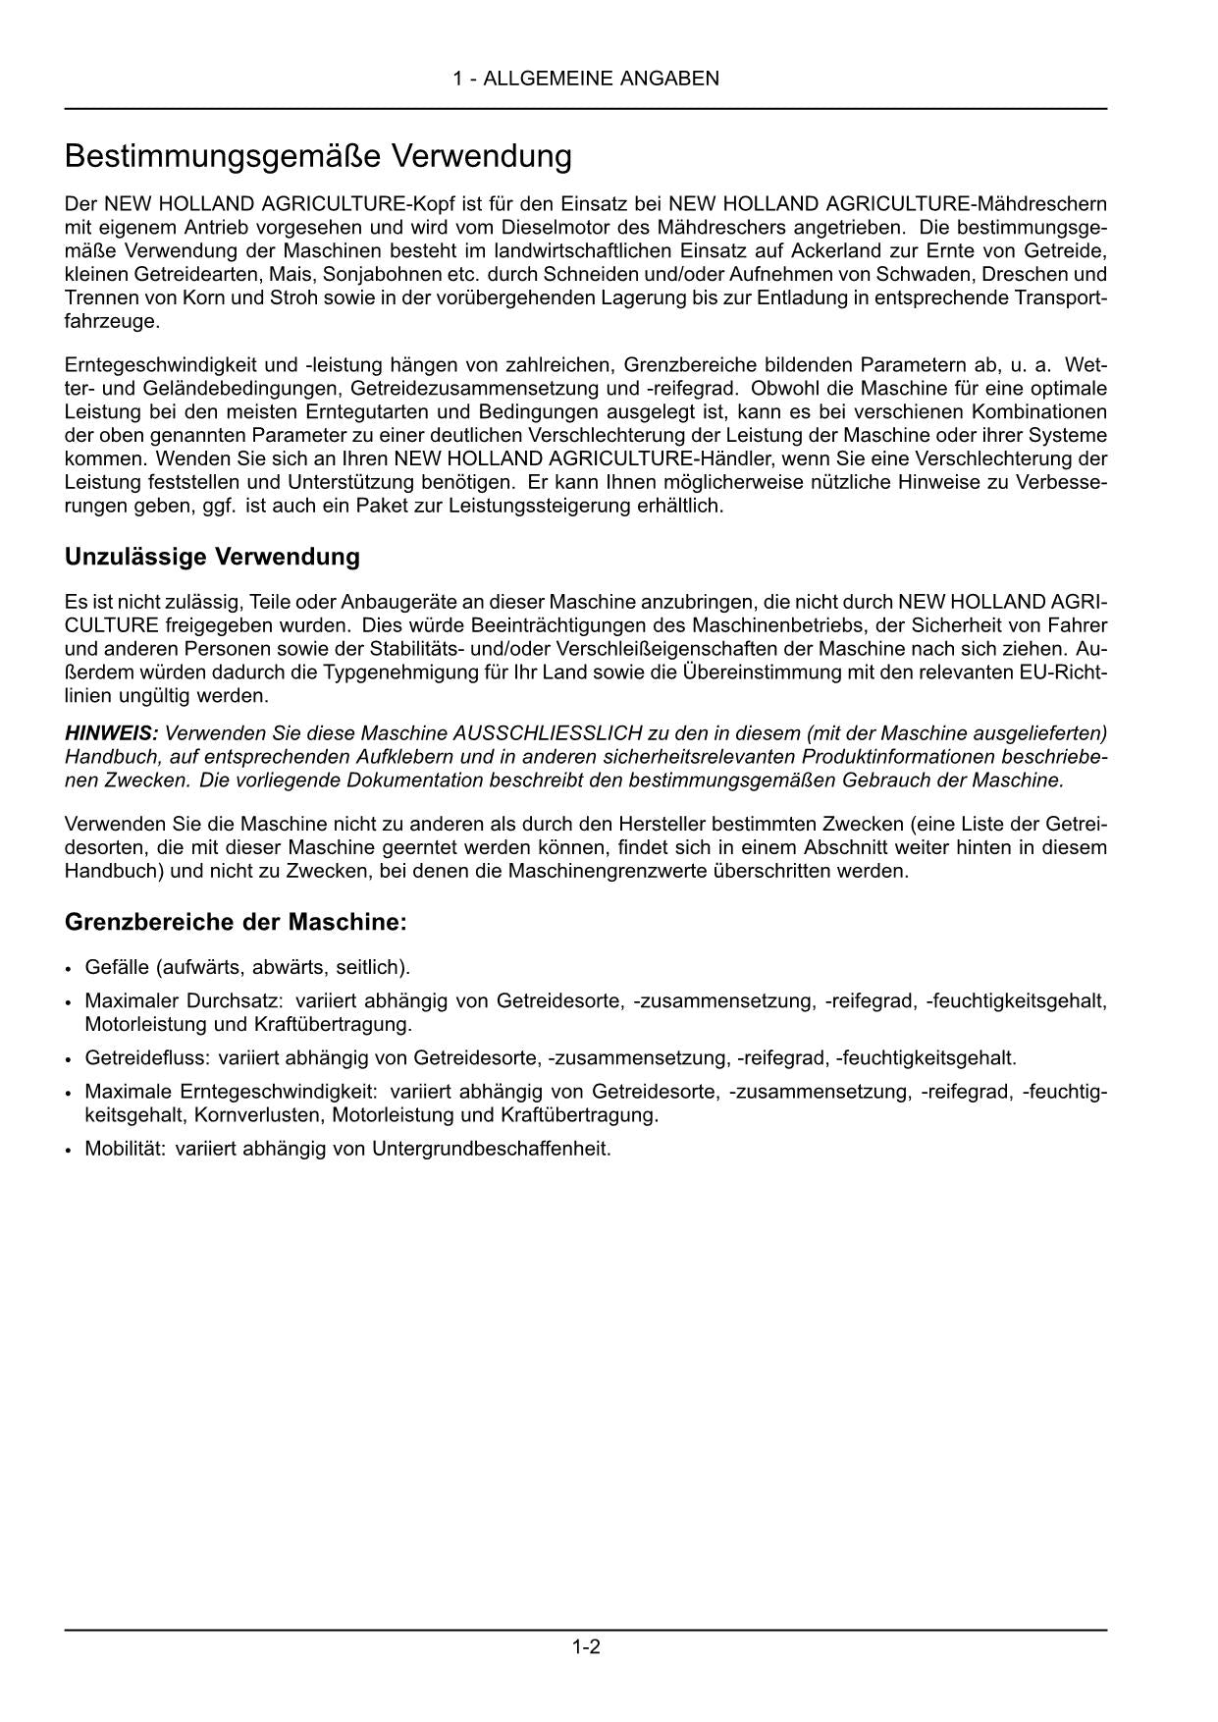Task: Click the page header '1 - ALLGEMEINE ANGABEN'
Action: tap(586, 79)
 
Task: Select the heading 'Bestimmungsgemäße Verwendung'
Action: tap(318, 156)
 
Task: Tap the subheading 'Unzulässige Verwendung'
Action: tap(212, 557)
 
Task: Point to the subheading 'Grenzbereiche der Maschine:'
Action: tap(236, 923)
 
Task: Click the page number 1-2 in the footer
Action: tap(586, 1647)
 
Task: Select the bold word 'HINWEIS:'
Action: tap(111, 733)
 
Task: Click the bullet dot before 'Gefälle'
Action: tap(68, 969)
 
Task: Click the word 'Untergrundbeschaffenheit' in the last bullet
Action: tap(490, 1148)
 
